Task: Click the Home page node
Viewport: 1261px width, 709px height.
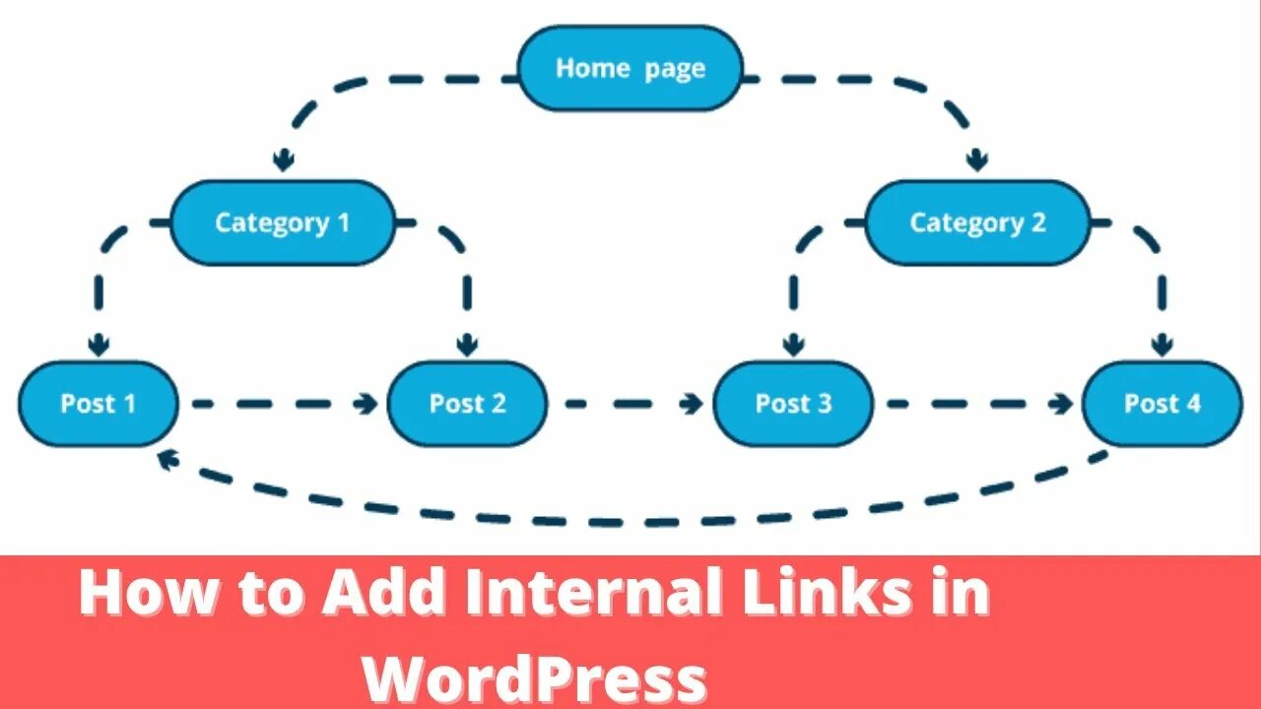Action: (630, 68)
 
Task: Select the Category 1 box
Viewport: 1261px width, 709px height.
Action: (283, 223)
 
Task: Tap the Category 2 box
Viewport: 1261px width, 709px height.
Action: (977, 223)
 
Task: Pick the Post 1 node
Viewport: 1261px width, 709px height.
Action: (99, 403)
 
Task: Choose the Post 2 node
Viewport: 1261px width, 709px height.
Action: (467, 403)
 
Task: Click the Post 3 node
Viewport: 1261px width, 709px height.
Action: (793, 403)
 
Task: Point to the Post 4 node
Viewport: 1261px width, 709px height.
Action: (1162, 403)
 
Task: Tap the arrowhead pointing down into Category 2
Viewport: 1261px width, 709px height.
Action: (976, 160)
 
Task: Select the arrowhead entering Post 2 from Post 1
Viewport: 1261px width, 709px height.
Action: (368, 404)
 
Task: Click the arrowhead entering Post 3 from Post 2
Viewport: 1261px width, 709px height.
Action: (694, 404)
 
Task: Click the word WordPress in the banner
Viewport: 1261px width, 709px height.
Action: (535, 678)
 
